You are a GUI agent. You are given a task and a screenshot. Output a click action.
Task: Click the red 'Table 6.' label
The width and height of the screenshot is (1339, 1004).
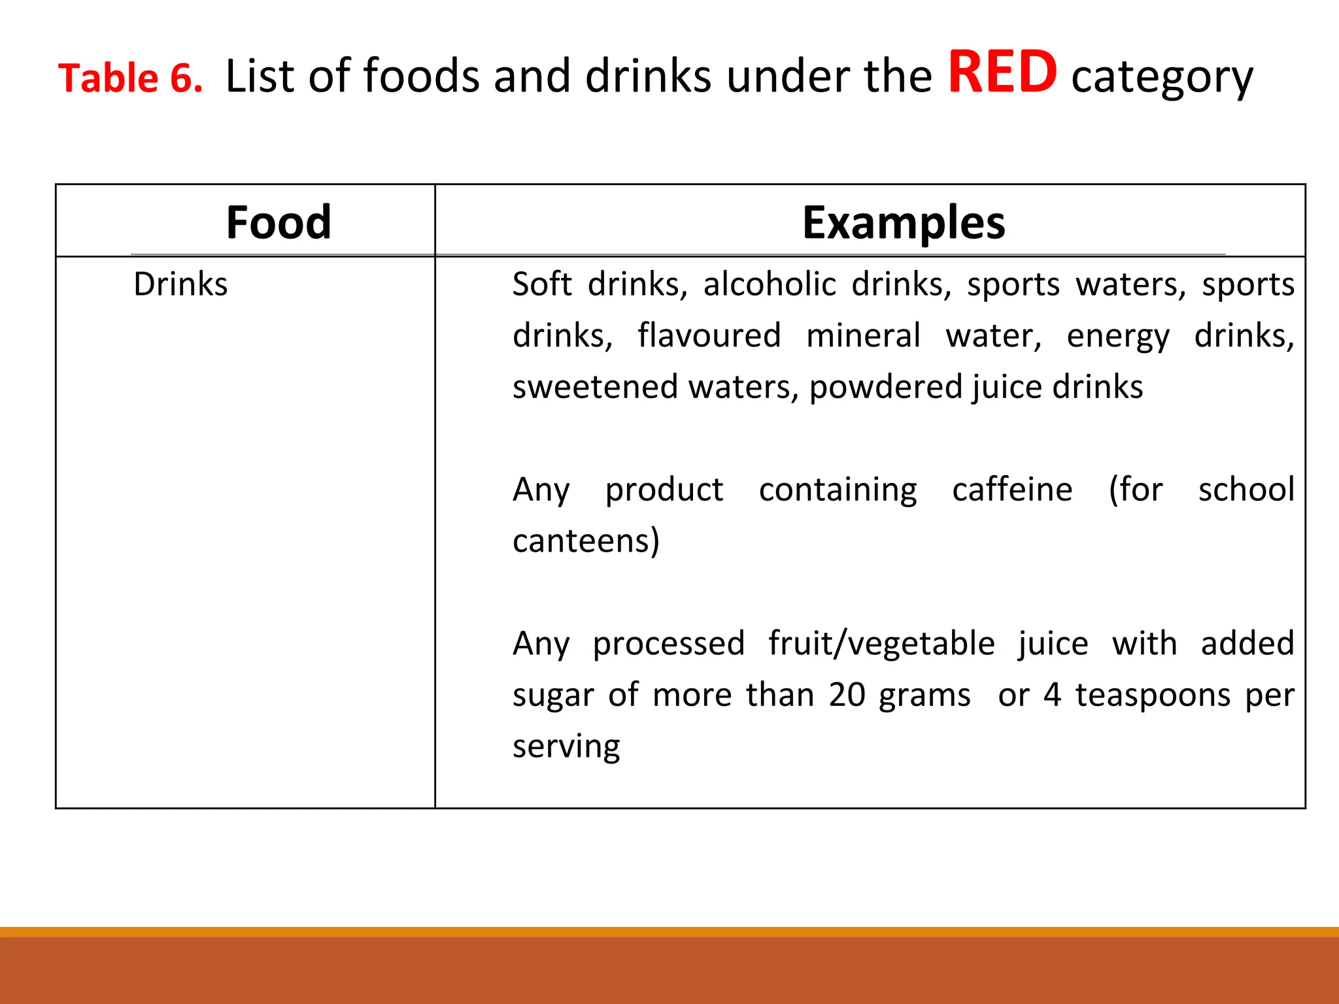[x=130, y=78]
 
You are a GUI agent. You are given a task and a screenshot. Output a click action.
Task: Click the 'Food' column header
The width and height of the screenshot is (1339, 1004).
[x=279, y=222]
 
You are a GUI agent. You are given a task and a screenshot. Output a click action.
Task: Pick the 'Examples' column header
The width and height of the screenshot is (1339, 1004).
[x=904, y=222]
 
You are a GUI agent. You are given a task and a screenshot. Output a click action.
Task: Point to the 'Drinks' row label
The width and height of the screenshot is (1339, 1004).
[x=180, y=284]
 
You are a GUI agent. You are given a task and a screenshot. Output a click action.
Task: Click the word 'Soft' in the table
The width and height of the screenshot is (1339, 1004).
[x=542, y=284]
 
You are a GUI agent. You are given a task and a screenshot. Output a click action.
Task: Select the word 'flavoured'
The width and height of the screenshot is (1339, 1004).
[x=709, y=335]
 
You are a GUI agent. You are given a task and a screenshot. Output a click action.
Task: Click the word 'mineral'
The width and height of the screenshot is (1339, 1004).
[x=863, y=335]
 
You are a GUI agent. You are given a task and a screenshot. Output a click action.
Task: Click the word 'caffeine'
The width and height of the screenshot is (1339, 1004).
[x=1012, y=490]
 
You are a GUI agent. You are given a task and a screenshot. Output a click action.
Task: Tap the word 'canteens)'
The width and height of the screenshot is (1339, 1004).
[x=586, y=541]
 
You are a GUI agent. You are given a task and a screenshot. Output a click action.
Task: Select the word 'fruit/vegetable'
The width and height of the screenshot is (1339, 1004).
[x=881, y=644]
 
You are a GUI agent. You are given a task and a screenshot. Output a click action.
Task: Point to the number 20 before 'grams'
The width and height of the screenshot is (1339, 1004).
[x=847, y=694]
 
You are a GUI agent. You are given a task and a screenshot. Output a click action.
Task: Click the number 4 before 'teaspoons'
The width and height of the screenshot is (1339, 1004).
[x=1052, y=694]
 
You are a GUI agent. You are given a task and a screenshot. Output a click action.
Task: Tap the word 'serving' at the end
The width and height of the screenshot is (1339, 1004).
[x=566, y=746]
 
